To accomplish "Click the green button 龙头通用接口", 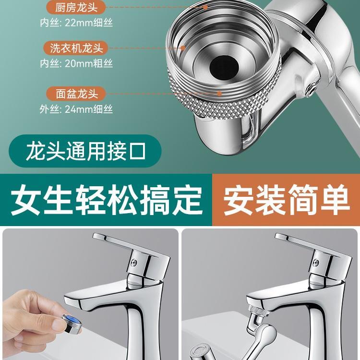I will click(x=86, y=152).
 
